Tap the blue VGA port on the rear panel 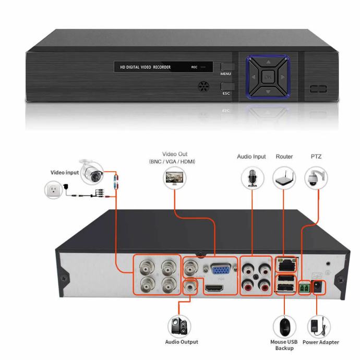[221, 269]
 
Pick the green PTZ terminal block [304, 286]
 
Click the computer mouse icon [285, 327]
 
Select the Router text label [285, 156]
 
